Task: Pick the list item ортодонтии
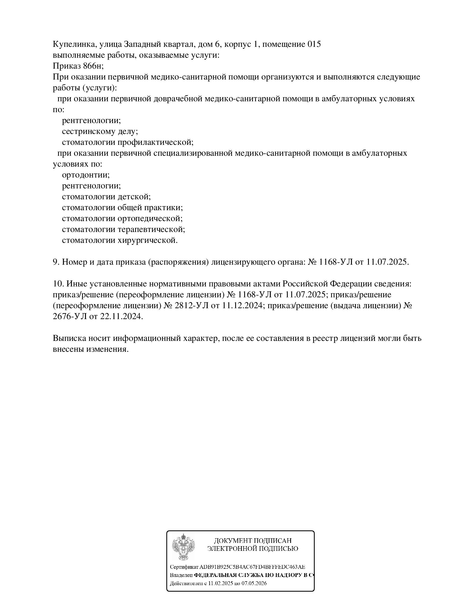(86, 175)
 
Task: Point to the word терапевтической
(151, 230)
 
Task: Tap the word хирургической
(148, 240)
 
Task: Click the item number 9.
(56, 262)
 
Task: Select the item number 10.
(58, 284)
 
